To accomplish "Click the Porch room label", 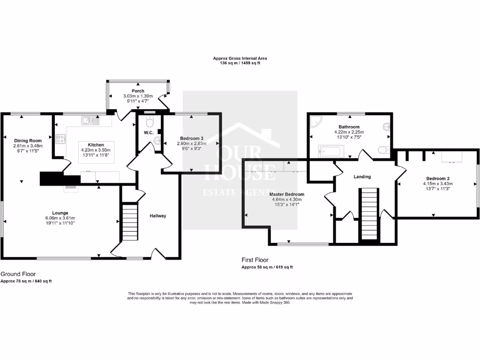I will [x=138, y=91].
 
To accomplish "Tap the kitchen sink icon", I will [x=91, y=120].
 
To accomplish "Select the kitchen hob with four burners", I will [x=60, y=139].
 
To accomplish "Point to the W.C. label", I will [x=149, y=133].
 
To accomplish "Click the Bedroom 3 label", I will [x=192, y=138].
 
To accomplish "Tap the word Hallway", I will [x=158, y=216].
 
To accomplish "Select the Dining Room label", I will [x=28, y=141].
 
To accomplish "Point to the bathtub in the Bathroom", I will [x=331, y=151].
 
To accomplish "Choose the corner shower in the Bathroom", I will [x=315, y=122].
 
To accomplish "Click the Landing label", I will [x=362, y=177].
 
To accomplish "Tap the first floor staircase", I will [x=369, y=214].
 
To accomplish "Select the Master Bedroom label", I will [x=287, y=194].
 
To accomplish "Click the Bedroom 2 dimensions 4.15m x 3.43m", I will [x=438, y=184].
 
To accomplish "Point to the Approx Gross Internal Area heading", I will [x=240, y=58].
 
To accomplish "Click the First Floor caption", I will [x=255, y=260].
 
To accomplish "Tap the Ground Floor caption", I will [x=18, y=274].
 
